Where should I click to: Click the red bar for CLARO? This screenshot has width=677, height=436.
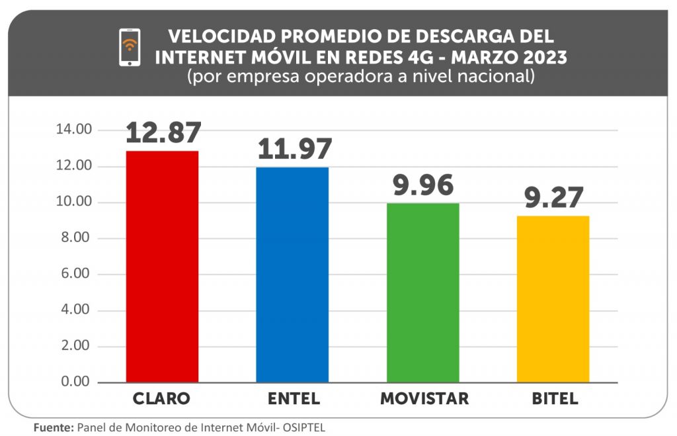162,267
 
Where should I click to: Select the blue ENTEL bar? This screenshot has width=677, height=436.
293,275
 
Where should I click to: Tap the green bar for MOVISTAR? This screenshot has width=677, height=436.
423,292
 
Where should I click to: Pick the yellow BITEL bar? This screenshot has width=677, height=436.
553,299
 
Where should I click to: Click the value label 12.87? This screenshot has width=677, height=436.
163,132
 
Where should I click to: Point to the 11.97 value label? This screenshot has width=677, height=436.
294,149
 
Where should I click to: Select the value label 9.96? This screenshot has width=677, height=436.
424,185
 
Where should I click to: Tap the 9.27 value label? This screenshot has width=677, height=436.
554,198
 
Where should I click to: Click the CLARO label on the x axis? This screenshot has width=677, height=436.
161,399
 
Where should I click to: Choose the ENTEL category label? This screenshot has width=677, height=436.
294,399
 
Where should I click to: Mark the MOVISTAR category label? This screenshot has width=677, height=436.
424,399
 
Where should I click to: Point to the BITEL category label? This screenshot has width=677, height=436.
554,399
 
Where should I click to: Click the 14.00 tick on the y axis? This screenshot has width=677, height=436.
73,130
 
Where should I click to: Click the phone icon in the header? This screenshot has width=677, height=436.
130,47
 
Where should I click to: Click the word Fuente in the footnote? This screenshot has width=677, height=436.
54,427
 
